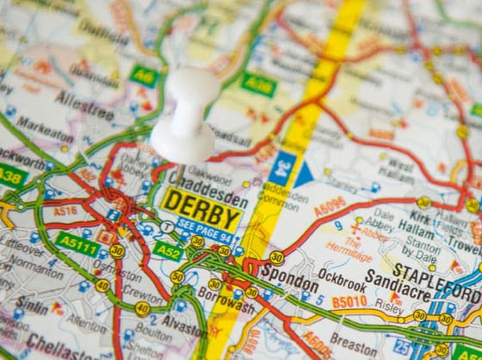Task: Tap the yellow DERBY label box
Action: click(202, 204)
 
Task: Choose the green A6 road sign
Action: click(144, 76)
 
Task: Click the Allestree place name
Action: click(84, 99)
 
